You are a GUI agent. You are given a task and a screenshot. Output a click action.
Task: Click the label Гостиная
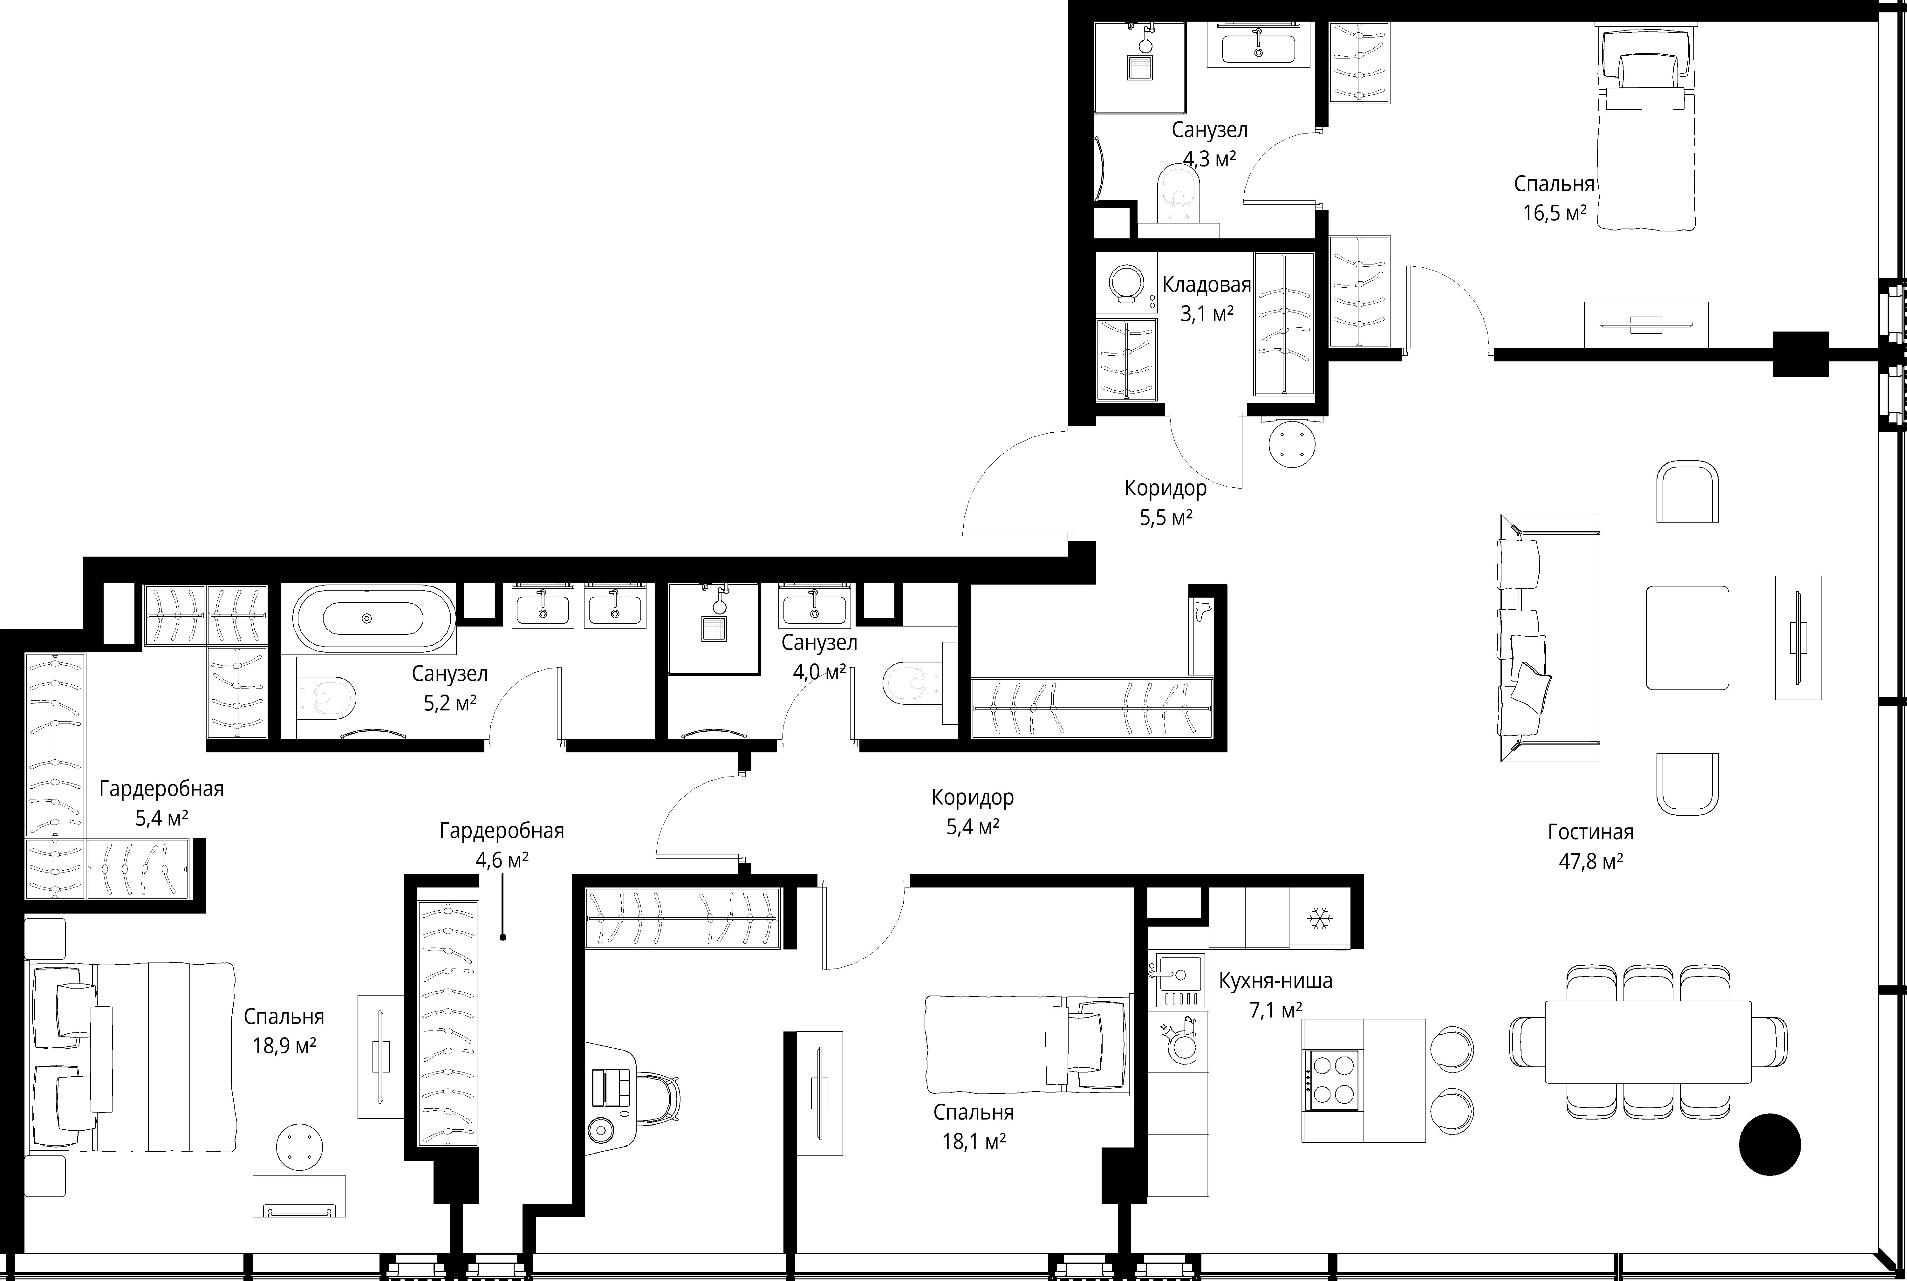click(1590, 832)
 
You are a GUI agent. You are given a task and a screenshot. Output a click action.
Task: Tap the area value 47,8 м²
click(1590, 861)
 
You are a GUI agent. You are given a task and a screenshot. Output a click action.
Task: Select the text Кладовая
click(1206, 285)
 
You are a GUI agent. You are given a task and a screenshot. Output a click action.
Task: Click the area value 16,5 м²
click(1554, 213)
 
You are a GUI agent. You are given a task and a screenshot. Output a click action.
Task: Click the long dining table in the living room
click(1647, 1042)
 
